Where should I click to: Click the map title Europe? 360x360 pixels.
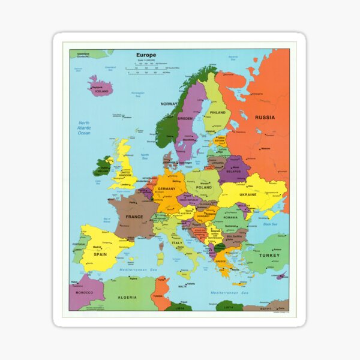pos(146,55)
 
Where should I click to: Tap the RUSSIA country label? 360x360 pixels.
pos(265,118)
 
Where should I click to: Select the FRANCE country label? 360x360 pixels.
pos(134,217)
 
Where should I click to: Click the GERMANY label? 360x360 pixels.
pos(167,188)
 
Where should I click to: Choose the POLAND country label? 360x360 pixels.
pos(204,187)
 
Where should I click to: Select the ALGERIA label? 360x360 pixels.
pos(127,298)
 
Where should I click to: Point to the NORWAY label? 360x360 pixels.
pos(169,104)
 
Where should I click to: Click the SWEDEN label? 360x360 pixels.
pos(185,118)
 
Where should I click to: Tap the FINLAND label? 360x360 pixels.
pos(218,112)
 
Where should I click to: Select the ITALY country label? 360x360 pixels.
pos(177,243)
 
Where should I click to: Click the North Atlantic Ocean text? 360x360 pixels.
pos(84,128)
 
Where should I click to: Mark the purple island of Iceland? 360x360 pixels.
pos(101,86)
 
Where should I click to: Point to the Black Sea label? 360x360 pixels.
pos(269,224)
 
